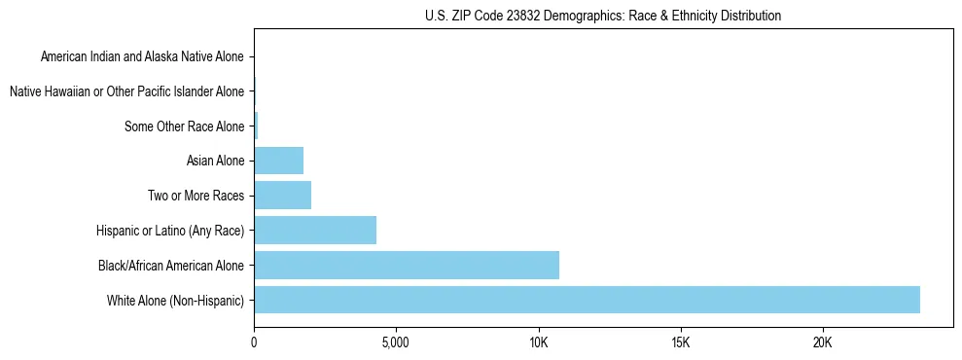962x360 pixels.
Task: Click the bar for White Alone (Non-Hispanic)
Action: click(x=587, y=300)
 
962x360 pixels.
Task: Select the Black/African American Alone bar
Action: click(x=407, y=265)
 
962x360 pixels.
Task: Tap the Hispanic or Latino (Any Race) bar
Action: click(x=315, y=231)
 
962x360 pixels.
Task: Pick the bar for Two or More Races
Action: click(x=283, y=196)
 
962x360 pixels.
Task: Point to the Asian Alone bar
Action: click(x=279, y=161)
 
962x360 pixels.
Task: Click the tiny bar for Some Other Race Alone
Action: click(x=256, y=126)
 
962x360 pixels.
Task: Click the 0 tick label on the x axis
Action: click(x=254, y=344)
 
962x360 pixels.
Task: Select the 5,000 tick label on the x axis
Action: click(x=396, y=344)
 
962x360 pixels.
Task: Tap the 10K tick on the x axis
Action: click(x=538, y=344)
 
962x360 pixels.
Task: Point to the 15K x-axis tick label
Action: click(x=680, y=344)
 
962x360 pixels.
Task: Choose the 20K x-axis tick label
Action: click(x=823, y=344)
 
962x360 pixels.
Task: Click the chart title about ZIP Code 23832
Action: click(x=603, y=16)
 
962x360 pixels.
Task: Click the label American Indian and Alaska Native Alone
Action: click(x=142, y=57)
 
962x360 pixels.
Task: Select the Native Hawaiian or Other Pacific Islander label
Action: click(x=126, y=92)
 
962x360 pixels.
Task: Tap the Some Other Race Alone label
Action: click(x=185, y=126)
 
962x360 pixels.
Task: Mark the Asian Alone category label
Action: click(x=215, y=161)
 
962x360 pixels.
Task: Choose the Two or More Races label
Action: click(x=196, y=196)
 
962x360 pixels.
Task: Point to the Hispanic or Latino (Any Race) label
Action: click(x=170, y=231)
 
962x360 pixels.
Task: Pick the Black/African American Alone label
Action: click(x=171, y=265)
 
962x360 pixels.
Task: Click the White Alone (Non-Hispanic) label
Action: click(x=175, y=300)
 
